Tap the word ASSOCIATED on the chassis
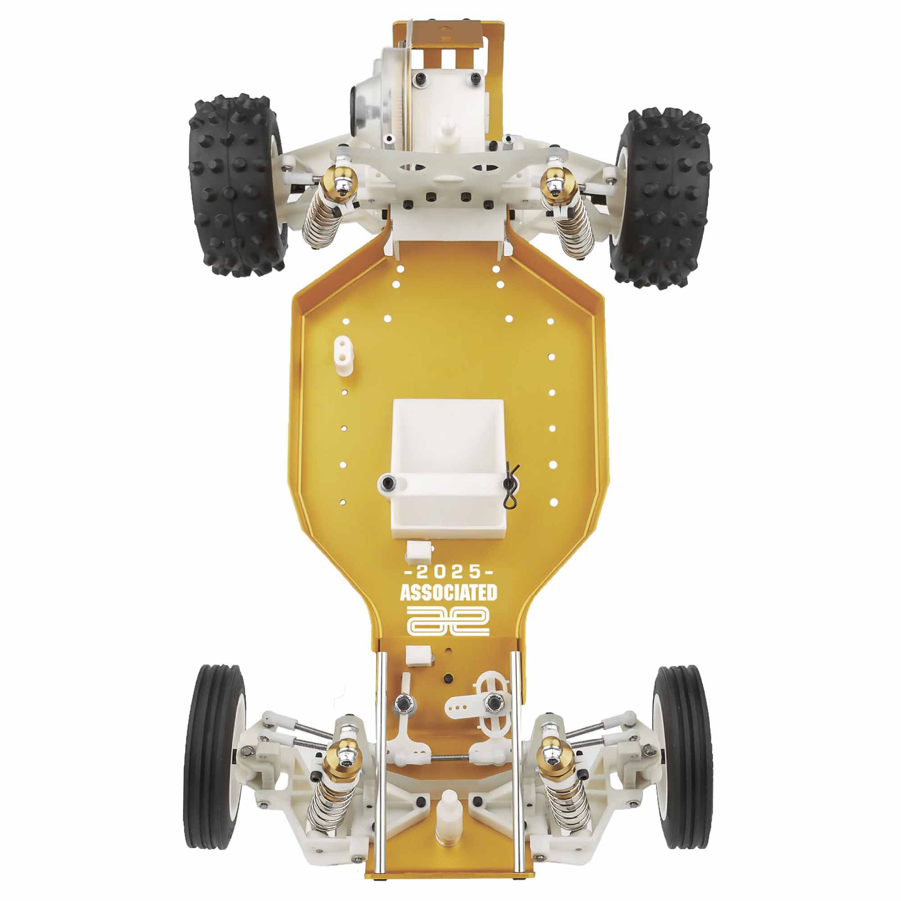(x=448, y=593)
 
